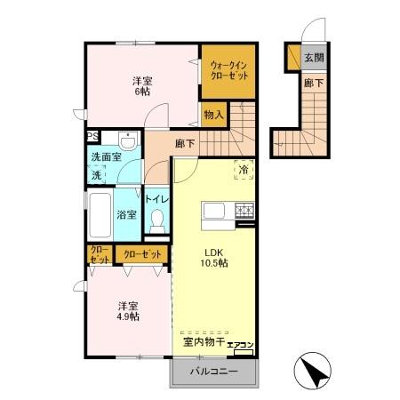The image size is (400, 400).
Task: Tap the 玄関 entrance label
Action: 313,58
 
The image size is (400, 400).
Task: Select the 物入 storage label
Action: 213,114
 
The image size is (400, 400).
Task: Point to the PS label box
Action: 92,136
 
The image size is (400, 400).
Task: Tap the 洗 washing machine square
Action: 97,175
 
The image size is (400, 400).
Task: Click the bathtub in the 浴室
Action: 100,214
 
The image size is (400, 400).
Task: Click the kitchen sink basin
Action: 216,211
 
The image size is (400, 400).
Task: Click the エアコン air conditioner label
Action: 241,345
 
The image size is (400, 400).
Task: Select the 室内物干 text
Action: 204,341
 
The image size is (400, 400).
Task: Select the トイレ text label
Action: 156,200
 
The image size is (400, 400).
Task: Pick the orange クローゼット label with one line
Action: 142,253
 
